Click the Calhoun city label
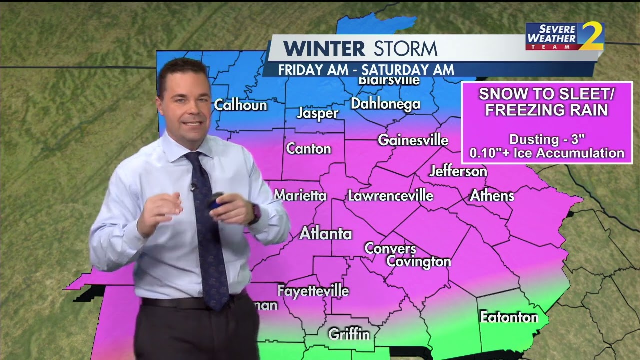click(240, 105)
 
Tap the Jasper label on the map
click(317, 113)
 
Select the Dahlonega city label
click(385, 104)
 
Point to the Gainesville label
click(413, 140)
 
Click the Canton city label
click(308, 149)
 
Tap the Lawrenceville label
click(390, 195)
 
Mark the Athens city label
click(492, 195)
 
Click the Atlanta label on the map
click(326, 233)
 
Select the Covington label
click(419, 261)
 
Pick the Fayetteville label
click(313, 290)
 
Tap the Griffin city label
click(349, 334)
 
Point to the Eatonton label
click(509, 317)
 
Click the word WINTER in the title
click(325, 49)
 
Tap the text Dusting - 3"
click(547, 139)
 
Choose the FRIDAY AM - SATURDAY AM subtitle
click(366, 70)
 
